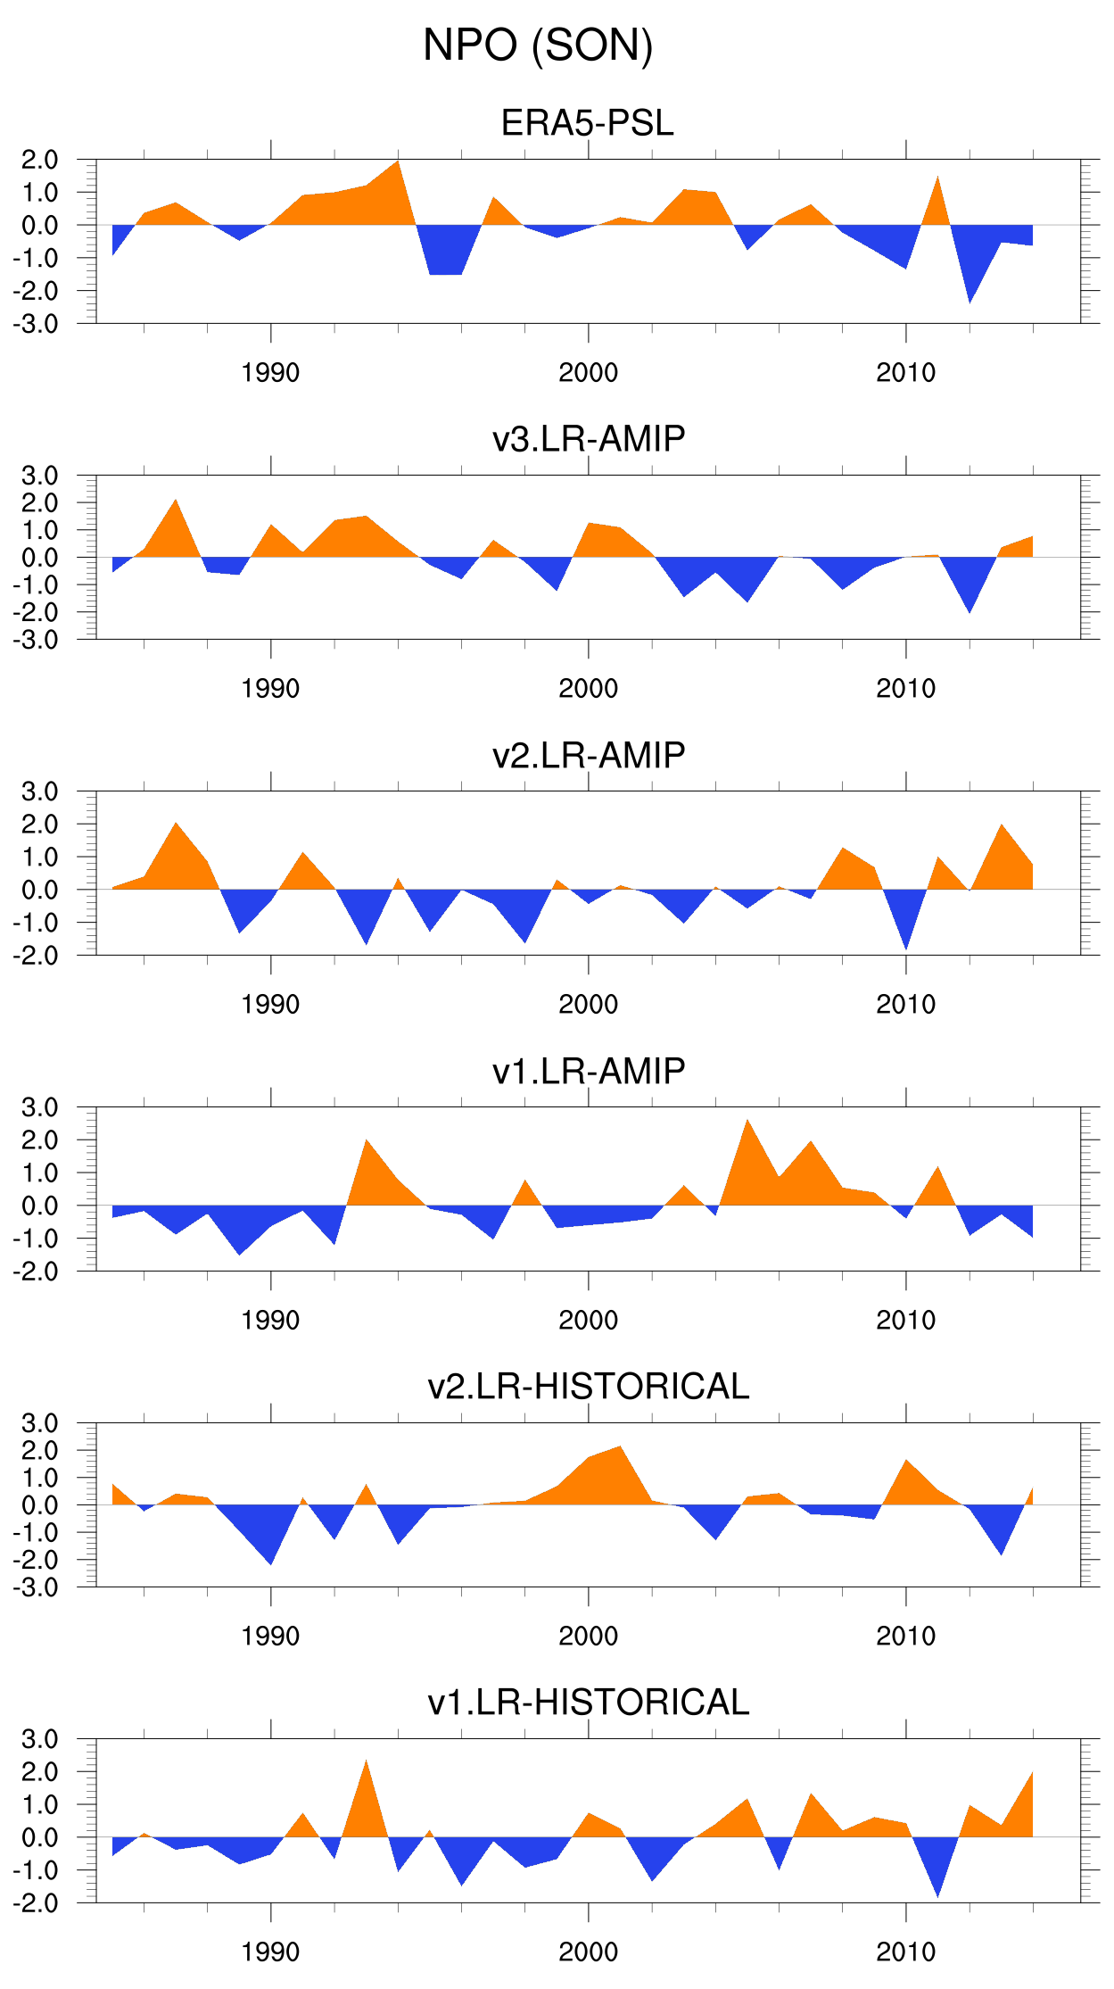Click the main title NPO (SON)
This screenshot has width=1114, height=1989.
(x=538, y=46)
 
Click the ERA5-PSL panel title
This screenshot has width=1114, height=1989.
(x=587, y=123)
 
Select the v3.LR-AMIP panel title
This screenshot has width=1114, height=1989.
(x=589, y=439)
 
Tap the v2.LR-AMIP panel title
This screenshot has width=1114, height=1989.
(x=589, y=755)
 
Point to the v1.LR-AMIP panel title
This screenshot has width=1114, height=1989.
(x=589, y=1071)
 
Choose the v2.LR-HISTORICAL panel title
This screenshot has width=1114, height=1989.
(x=589, y=1387)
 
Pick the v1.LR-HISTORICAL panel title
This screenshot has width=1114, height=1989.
(x=589, y=1703)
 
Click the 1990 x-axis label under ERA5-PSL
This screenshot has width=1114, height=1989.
(x=270, y=373)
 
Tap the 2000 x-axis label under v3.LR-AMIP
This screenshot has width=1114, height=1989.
(x=588, y=689)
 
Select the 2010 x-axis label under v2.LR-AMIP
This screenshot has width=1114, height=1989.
(x=905, y=1005)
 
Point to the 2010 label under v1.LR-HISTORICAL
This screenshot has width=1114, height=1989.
(x=905, y=1952)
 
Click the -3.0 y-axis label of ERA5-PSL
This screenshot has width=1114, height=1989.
(x=36, y=324)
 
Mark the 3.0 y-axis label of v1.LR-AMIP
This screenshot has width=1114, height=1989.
(x=39, y=1107)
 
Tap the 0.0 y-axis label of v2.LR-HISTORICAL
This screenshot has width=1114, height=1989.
(x=39, y=1505)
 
